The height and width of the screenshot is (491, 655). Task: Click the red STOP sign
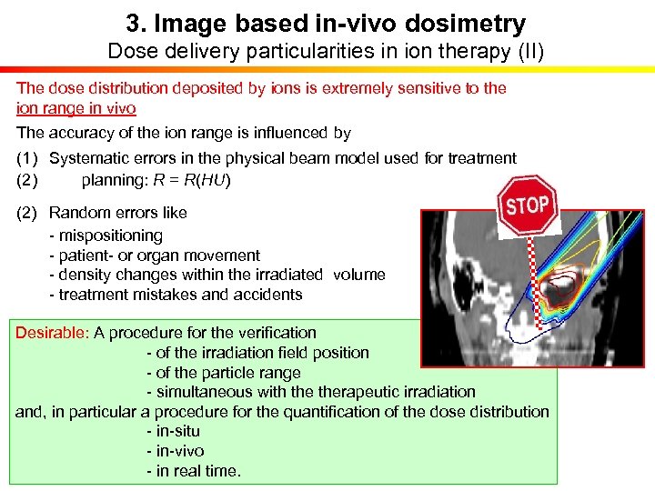tap(528, 206)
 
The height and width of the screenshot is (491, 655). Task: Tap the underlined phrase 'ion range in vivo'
tap(76, 108)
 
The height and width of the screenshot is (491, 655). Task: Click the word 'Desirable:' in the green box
tap(52, 333)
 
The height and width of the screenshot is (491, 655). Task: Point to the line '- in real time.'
tap(193, 471)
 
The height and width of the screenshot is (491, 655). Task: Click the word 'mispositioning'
tap(110, 235)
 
